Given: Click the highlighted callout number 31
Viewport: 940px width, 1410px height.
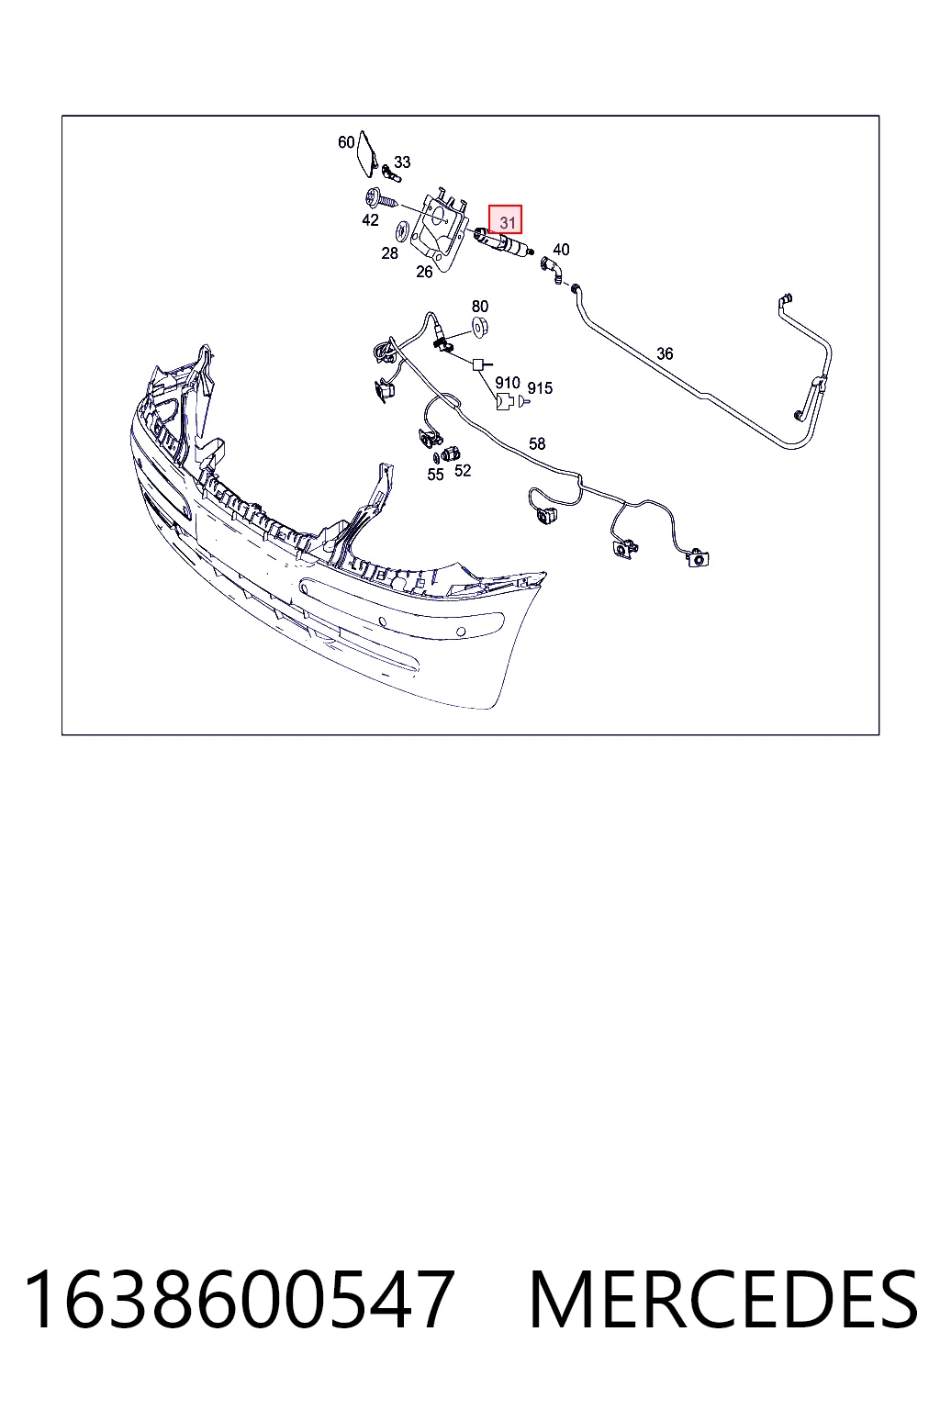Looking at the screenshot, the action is pos(507,222).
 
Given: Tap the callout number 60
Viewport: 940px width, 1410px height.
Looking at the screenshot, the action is pos(346,142).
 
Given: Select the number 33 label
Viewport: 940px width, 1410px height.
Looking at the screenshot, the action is pos(402,162).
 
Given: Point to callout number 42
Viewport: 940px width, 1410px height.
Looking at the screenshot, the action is pos(370,219).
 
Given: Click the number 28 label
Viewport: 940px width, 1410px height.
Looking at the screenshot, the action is pos(390,253).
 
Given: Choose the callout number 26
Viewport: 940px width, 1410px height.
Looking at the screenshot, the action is pos(424,272).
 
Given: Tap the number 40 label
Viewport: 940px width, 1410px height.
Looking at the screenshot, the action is pos(561,250).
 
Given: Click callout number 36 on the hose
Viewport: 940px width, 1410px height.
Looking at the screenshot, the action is pos(665,353).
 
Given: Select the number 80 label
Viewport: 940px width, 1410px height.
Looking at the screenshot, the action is pos(480,307).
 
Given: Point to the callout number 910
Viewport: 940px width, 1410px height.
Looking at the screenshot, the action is pos(508,383).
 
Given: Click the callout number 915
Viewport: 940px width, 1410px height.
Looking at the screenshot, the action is pos(540,388).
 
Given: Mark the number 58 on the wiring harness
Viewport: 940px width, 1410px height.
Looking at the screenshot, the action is pos(537,443).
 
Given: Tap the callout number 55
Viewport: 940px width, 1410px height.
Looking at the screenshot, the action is pos(436,475).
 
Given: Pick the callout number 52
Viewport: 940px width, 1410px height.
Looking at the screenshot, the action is pos(463,471).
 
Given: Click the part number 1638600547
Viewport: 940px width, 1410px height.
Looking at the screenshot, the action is pos(239,1299).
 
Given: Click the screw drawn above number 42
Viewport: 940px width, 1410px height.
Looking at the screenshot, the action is pos(381,199).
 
